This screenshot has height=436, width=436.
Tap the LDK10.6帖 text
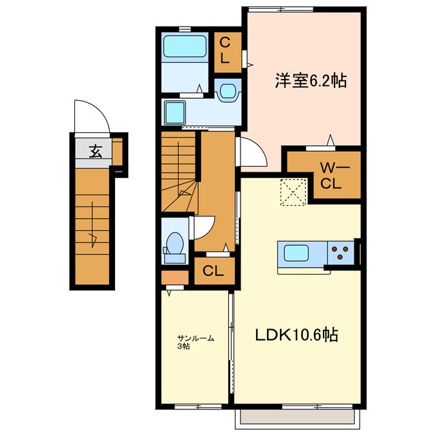[298, 335]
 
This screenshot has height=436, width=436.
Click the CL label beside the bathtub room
[225, 51]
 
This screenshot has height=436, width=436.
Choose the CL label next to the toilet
[213, 271]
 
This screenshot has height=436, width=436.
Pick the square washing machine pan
[176, 111]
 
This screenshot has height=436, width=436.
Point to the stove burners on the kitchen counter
[341, 253]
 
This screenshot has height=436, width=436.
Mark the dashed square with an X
[294, 192]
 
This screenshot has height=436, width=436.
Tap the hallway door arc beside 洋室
[248, 152]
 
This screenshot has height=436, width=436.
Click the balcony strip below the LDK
[297, 418]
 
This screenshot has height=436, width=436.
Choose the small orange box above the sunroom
[174, 278]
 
